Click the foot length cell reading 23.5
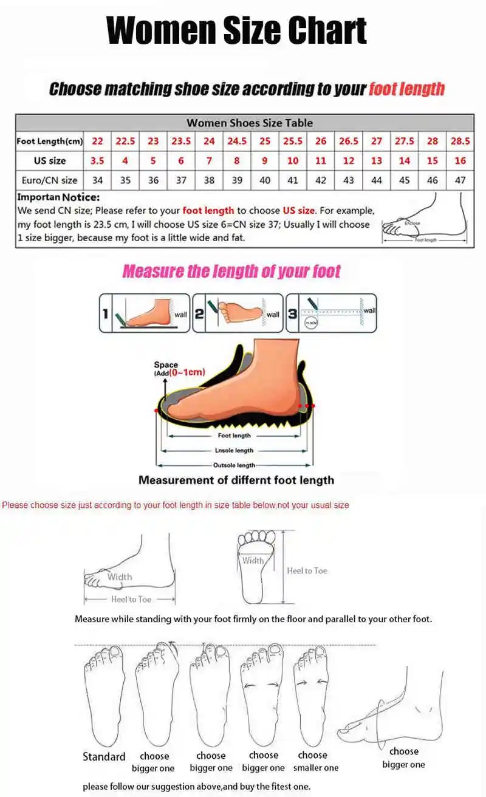(181, 141)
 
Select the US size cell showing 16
(460, 161)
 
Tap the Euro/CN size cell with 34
(97, 180)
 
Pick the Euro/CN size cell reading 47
(460, 180)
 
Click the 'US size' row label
(50, 161)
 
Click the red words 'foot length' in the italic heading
(407, 89)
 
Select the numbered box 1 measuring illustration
(145, 313)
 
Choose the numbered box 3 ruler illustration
(331, 313)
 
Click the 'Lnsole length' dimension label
(234, 451)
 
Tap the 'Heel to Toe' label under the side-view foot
(131, 600)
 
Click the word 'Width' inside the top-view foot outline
(253, 561)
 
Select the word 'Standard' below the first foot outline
(104, 757)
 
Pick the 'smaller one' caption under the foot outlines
(316, 768)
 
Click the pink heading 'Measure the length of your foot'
(231, 272)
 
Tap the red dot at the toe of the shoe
(157, 411)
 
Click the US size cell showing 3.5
(97, 161)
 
